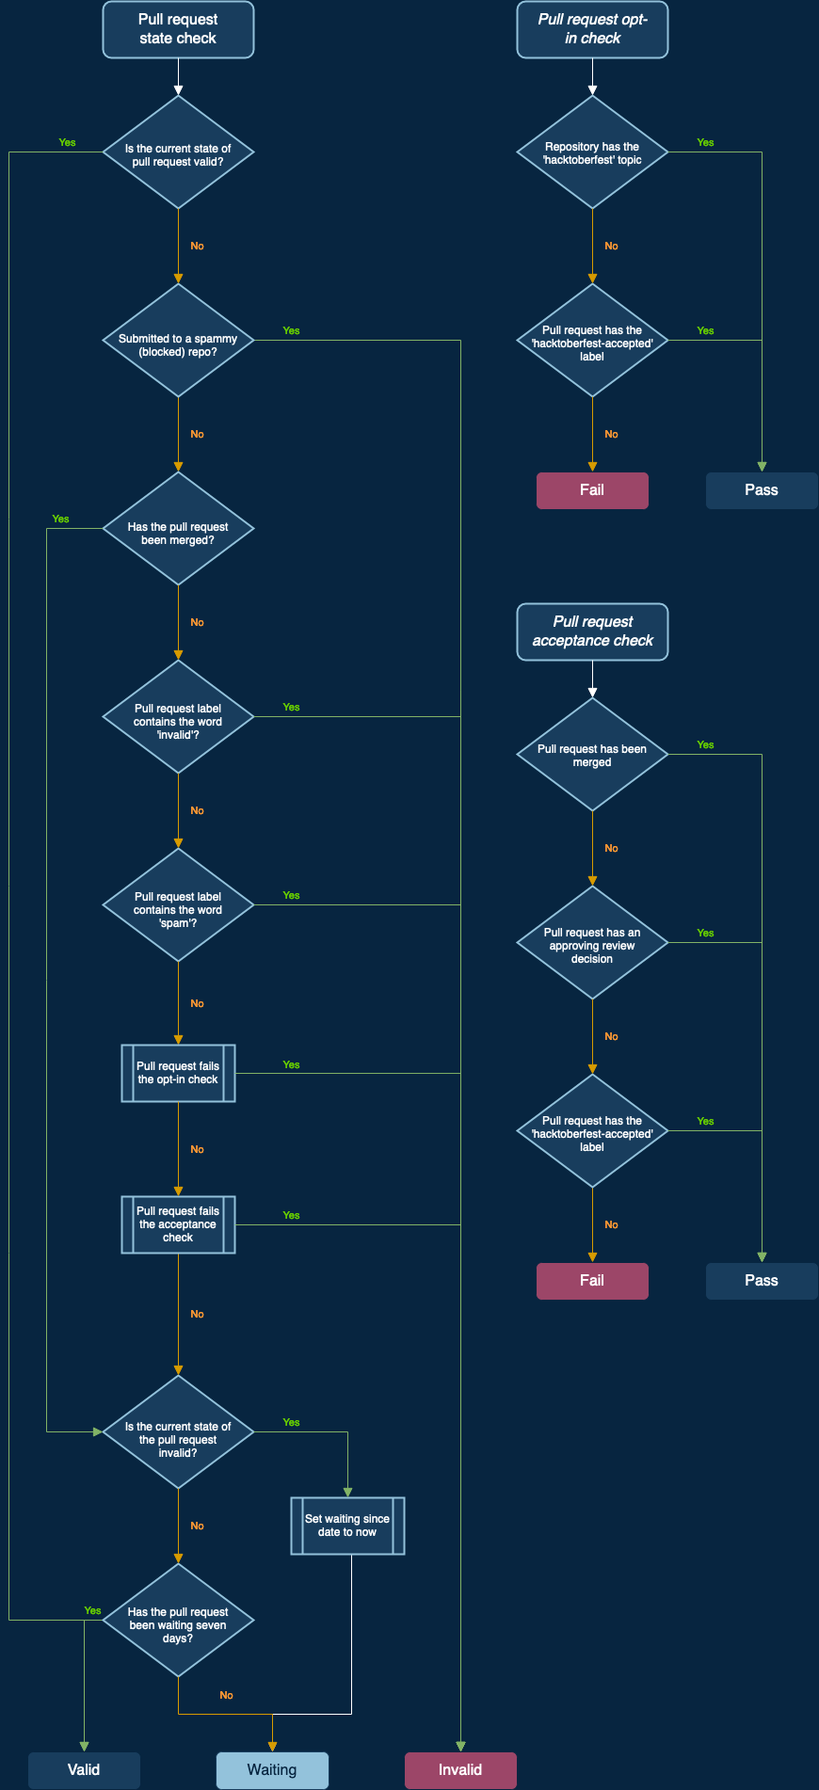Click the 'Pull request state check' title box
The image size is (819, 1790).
pos(178,29)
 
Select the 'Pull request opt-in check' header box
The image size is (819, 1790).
pos(592,29)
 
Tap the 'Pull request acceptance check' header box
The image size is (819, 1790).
pos(592,631)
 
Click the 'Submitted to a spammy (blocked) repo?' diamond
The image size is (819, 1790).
pos(178,340)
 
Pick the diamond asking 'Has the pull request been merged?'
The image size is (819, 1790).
pos(178,528)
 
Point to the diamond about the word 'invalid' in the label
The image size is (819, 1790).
pos(178,716)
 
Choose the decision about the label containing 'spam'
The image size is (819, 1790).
pos(178,904)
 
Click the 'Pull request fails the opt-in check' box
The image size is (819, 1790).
pos(178,1073)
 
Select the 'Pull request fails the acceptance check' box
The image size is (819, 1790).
pos(178,1224)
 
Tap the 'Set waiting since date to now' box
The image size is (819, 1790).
pos(347,1526)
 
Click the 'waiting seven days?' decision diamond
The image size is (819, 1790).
pos(178,1620)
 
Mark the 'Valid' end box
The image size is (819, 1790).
pos(84,1770)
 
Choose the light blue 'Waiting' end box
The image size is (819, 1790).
pos(272,1770)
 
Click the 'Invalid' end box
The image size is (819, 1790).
pos(460,1770)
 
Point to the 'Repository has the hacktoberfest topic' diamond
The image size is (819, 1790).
pos(592,152)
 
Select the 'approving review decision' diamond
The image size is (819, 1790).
pos(592,942)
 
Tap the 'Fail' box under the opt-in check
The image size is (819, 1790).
pos(592,490)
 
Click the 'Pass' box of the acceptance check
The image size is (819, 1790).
pos(762,1281)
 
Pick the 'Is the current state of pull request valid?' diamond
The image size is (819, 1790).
pos(178,152)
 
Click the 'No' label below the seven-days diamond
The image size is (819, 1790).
pos(226,1695)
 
